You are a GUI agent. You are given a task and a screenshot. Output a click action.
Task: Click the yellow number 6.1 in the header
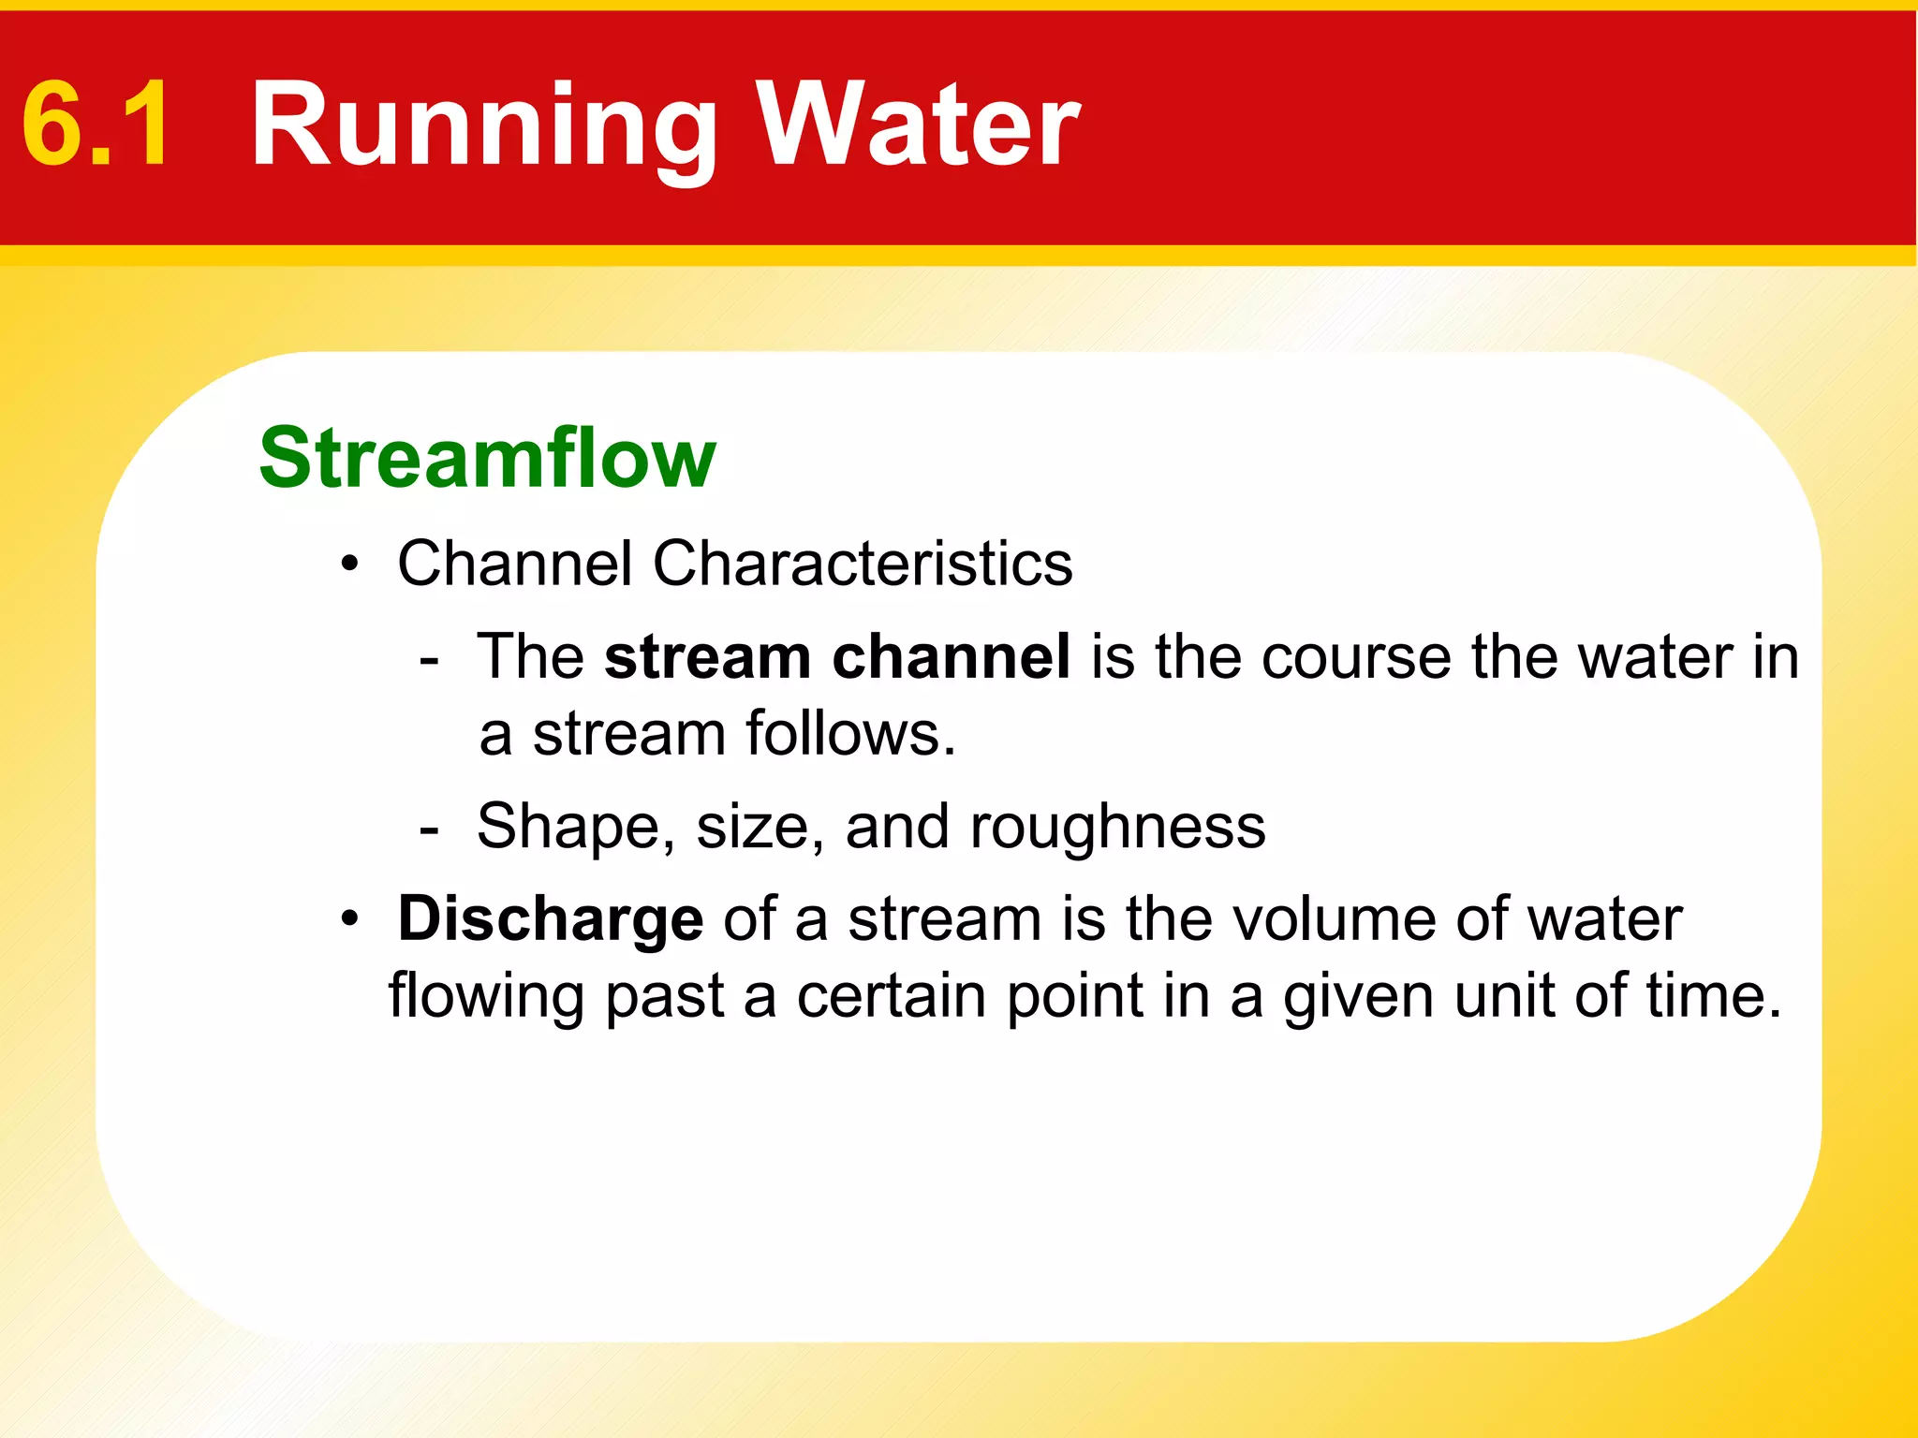click(96, 125)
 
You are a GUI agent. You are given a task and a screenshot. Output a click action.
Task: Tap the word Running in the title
click(484, 126)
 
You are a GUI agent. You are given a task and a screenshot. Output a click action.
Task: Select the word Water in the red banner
click(918, 125)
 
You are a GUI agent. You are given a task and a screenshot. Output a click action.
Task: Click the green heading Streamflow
click(487, 458)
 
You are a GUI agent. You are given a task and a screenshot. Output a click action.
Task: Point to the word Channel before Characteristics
click(514, 564)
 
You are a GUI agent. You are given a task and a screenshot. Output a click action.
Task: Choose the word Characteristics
click(863, 564)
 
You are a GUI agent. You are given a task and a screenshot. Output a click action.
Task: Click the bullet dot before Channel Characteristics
click(350, 565)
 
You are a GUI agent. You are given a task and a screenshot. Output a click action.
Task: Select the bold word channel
click(951, 656)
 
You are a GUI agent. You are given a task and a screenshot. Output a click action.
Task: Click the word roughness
click(1117, 828)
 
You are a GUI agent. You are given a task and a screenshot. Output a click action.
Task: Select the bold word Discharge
click(551, 918)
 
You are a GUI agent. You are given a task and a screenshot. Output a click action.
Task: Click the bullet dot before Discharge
click(350, 919)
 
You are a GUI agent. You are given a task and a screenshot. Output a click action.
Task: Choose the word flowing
click(487, 996)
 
